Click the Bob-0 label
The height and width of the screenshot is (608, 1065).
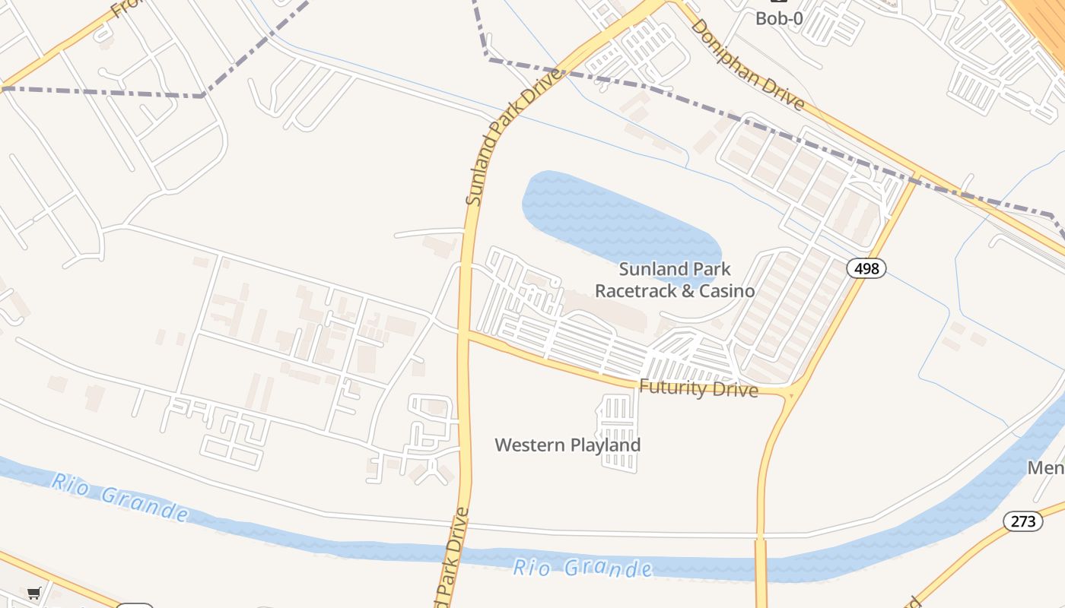tap(778, 18)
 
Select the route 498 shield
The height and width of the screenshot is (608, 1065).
tap(866, 268)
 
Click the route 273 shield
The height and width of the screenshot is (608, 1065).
tap(1022, 521)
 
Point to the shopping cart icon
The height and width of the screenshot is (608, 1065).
tap(33, 593)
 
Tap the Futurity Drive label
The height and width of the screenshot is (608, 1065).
tap(698, 389)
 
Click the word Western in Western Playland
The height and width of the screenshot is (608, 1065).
tap(530, 445)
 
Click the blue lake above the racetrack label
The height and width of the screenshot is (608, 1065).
tap(616, 217)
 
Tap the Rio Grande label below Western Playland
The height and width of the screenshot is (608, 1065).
tap(582, 567)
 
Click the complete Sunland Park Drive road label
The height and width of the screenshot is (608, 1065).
tap(515, 138)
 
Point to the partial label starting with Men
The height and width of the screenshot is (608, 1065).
tap(1046, 467)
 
